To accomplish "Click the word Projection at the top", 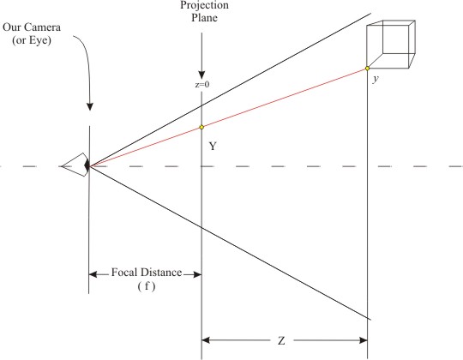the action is point(204,5).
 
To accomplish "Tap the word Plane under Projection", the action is point(204,17).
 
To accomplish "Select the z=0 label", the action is point(202,84).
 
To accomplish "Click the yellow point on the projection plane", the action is point(201,127).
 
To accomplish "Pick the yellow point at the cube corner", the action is point(367,69).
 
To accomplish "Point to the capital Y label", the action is point(213,146).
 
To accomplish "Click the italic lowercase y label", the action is point(376,79).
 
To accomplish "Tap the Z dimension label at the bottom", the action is point(281,341).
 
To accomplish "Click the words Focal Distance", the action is point(147,272).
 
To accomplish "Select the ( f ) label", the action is point(147,286).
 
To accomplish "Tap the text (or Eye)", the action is point(32,39).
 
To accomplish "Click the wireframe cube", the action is point(391,45).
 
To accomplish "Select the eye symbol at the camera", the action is point(76,165).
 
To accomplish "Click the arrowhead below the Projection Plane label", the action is point(201,75).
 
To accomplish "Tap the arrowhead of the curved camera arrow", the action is point(90,107).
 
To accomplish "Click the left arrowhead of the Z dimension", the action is point(206,340).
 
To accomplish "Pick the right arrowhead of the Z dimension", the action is point(364,340).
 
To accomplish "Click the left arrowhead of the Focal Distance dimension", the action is point(93,274).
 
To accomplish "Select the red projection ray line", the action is point(228,117).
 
